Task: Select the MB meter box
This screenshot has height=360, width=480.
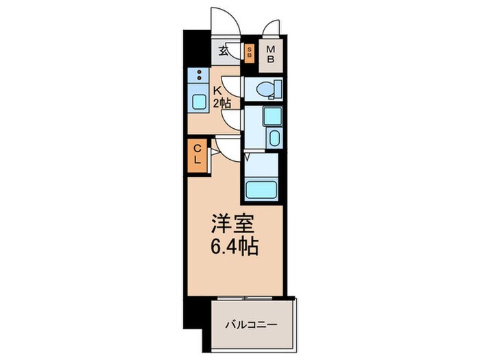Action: pyautogui.click(x=271, y=54)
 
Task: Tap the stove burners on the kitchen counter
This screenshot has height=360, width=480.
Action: pyautogui.click(x=198, y=75)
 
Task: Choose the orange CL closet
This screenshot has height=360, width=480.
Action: pyautogui.click(x=196, y=154)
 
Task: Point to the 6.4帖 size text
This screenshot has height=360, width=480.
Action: pyautogui.click(x=233, y=245)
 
